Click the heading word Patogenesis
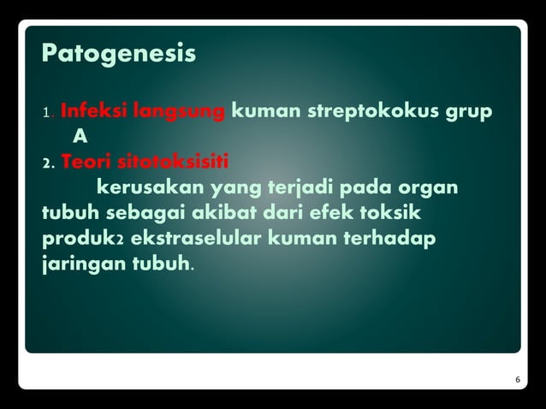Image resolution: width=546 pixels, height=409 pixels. [119, 55]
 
